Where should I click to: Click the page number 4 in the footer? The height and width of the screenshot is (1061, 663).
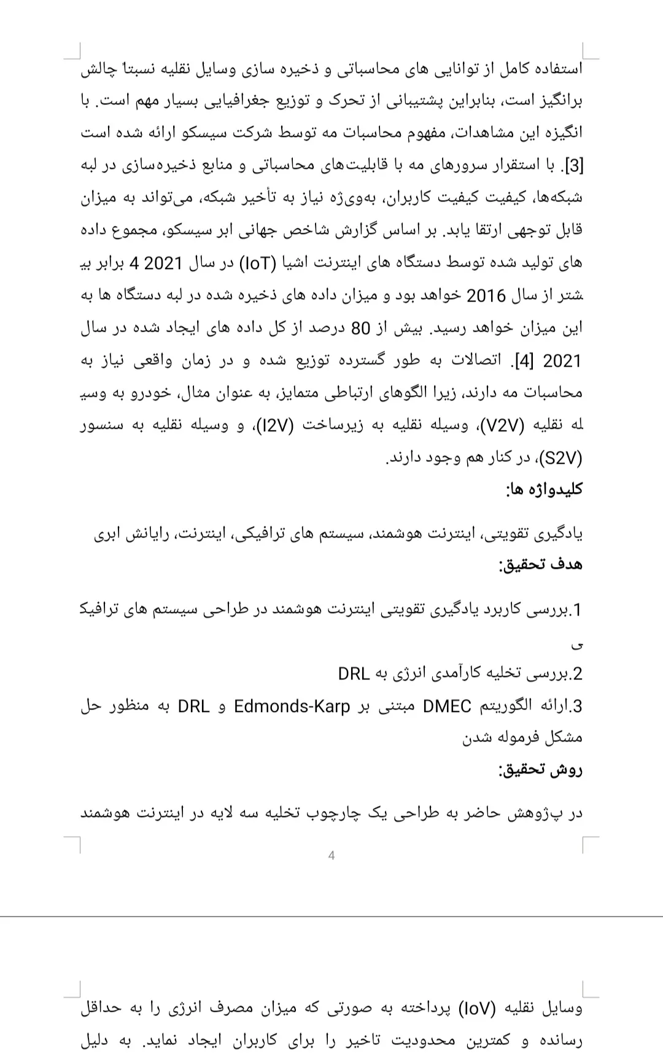(331, 855)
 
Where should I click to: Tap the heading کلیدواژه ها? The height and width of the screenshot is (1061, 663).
(544, 490)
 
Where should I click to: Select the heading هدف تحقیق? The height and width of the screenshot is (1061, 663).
(540, 565)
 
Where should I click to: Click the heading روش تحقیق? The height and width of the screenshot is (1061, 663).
(540, 770)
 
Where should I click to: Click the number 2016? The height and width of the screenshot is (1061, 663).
(486, 296)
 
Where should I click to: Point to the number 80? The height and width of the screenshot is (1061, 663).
(360, 329)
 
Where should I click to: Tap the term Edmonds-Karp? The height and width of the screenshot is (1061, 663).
(292, 707)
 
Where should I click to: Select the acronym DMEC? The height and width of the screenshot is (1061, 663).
(447, 707)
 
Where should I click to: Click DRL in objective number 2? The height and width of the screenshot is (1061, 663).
(354, 674)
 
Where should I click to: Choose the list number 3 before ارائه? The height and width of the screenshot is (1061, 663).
(576, 707)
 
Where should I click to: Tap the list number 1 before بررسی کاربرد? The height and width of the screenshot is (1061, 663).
(576, 610)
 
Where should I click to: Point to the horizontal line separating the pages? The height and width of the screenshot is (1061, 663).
(331, 917)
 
